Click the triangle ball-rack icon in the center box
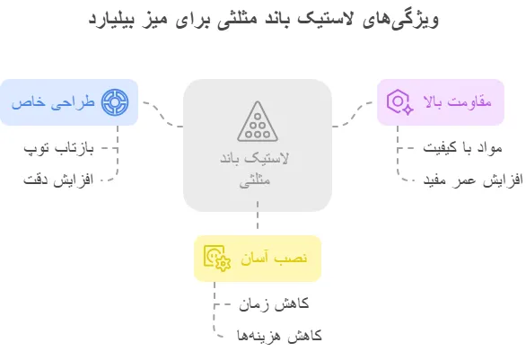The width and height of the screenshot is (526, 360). [x=258, y=121]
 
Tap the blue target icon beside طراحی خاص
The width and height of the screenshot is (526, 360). [x=115, y=102]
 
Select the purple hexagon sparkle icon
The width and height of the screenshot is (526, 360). [x=399, y=102]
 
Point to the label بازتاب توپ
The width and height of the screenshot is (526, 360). [x=58, y=148]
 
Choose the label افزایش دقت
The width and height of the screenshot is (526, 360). [x=58, y=180]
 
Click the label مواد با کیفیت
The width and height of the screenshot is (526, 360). [x=462, y=147]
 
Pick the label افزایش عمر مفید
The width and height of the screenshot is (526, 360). [x=473, y=180]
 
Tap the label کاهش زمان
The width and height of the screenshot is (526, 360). [x=274, y=304]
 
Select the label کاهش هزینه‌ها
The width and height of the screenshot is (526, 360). [x=279, y=336]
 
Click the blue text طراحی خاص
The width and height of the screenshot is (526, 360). [x=53, y=102]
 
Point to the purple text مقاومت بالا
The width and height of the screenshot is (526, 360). [x=458, y=101]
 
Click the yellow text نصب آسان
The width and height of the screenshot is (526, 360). [x=274, y=258]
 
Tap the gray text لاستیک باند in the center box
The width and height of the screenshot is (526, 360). [x=254, y=159]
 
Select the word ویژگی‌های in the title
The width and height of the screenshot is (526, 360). [x=401, y=20]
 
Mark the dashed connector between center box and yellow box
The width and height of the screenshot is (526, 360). [x=258, y=215]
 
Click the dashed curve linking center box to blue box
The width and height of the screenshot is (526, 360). [x=163, y=115]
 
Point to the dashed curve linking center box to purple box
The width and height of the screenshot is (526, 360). [x=352, y=114]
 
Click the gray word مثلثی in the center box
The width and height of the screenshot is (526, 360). [x=255, y=180]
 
